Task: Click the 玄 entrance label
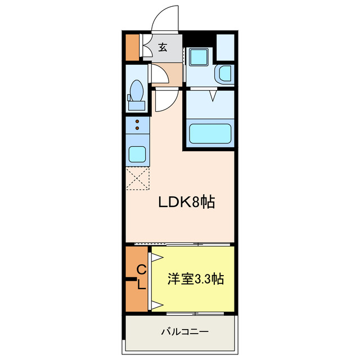click(163, 47)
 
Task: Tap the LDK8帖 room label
click(186, 202)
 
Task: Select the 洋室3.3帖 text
click(195, 280)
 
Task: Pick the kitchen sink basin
click(137, 154)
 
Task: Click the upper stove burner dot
click(137, 121)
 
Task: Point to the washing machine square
click(197, 57)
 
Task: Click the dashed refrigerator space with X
click(138, 179)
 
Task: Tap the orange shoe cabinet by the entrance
click(132, 48)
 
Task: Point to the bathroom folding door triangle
click(214, 96)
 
